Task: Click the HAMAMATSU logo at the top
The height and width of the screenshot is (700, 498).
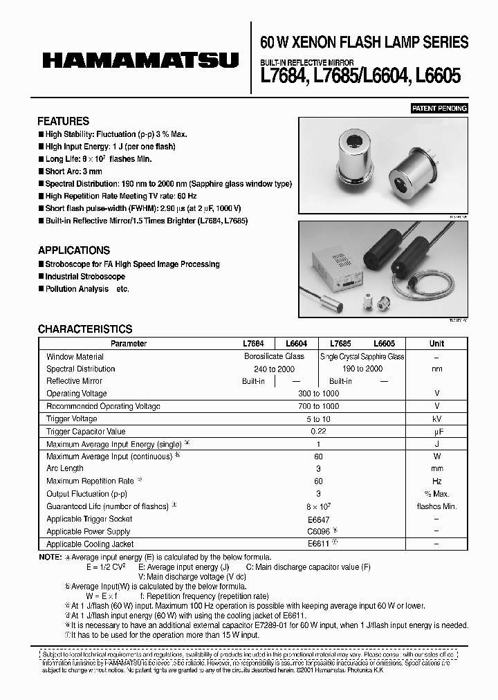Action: tap(140, 61)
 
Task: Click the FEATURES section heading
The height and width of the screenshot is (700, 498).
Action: tap(63, 121)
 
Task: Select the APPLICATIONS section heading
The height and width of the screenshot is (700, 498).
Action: tap(73, 250)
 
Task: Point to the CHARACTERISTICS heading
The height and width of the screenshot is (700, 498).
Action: tap(84, 329)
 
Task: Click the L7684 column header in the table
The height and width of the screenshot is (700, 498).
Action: tap(254, 344)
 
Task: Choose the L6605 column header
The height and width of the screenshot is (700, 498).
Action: tap(384, 344)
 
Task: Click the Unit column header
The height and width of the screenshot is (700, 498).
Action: tap(436, 344)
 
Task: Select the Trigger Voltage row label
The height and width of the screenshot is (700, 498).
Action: tap(71, 419)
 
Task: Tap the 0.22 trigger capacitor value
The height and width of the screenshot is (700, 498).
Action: tap(317, 432)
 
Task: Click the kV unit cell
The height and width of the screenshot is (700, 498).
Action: tap(436, 419)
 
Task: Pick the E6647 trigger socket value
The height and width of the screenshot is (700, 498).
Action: tap(317, 519)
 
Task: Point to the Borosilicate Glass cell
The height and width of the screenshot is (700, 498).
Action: tap(275, 356)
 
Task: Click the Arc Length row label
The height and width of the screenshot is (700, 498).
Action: tap(65, 469)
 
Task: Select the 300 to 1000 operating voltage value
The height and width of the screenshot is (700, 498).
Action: tap(317, 394)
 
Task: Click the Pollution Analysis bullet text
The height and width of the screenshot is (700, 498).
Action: tap(77, 289)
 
